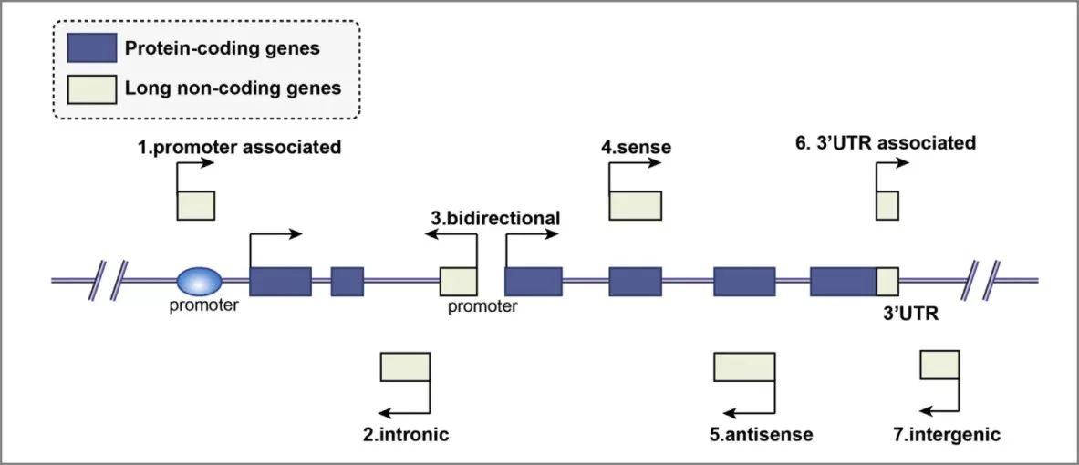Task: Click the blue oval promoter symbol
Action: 198,281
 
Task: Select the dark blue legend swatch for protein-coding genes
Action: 92,48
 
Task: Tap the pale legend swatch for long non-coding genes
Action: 92,88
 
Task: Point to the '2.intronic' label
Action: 406,434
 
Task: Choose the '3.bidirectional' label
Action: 495,218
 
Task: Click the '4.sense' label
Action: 637,146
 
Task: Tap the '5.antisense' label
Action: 761,434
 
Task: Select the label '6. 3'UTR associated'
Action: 885,143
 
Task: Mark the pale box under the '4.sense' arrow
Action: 635,205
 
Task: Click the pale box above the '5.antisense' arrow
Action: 743,367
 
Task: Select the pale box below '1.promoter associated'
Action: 195,205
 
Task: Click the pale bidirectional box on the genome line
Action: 459,281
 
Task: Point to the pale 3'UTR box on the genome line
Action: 887,281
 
